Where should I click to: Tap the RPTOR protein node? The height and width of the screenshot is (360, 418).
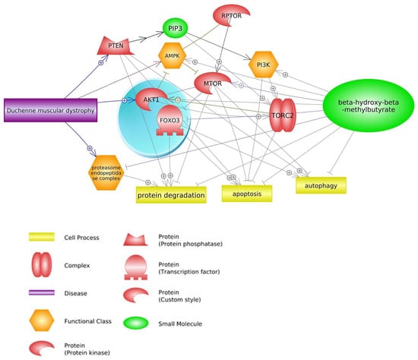pyautogui.click(x=230, y=17)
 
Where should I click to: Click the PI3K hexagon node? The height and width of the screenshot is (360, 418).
pyautogui.click(x=264, y=66)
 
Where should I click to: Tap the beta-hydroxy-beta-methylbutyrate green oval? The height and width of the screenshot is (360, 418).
pyautogui.click(x=367, y=104)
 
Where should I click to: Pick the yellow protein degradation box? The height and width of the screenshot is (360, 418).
pyautogui.click(x=171, y=195)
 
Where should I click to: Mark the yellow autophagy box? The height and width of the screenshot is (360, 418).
pyautogui.click(x=321, y=185)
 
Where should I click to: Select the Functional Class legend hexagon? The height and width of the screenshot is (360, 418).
pyautogui.click(x=44, y=321)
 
